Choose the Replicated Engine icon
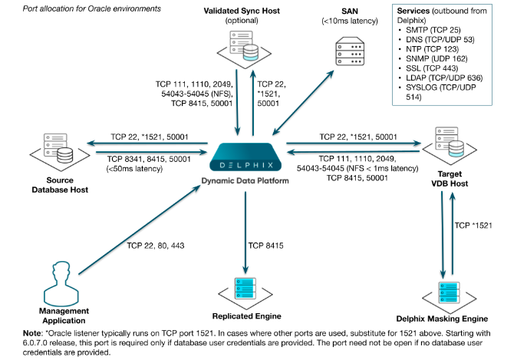pyautogui.click(x=245, y=290)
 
